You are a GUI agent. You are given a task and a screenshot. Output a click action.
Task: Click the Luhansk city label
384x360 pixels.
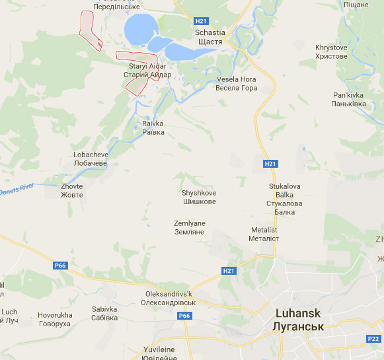pyautogui.click(x=297, y=320)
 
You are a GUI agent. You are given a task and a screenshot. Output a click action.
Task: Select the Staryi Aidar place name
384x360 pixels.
pyautogui.click(x=147, y=71)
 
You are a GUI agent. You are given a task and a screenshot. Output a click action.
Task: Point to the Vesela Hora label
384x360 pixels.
pyautogui.click(x=236, y=83)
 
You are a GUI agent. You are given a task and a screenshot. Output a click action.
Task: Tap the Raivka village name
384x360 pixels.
pyautogui.click(x=153, y=127)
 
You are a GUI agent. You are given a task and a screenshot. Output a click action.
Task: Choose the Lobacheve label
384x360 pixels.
pyautogui.click(x=90, y=159)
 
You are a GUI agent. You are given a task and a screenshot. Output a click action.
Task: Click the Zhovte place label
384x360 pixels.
pyautogui.click(x=71, y=190)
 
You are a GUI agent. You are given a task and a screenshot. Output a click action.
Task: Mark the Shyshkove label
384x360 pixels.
pyautogui.click(x=199, y=196)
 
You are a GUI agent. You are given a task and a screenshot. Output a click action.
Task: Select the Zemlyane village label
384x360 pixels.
pyautogui.click(x=189, y=228)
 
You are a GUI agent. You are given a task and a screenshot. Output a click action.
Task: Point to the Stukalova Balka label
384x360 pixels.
pyautogui.click(x=284, y=195)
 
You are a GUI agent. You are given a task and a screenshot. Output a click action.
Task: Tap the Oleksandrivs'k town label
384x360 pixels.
pyautogui.click(x=169, y=298)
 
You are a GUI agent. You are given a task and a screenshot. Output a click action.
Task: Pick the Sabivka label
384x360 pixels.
pyautogui.click(x=104, y=313)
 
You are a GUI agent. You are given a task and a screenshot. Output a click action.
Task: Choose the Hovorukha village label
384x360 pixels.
pyautogui.click(x=54, y=320)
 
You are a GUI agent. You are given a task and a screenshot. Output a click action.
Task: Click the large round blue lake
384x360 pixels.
pyautogui.click(x=141, y=29)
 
